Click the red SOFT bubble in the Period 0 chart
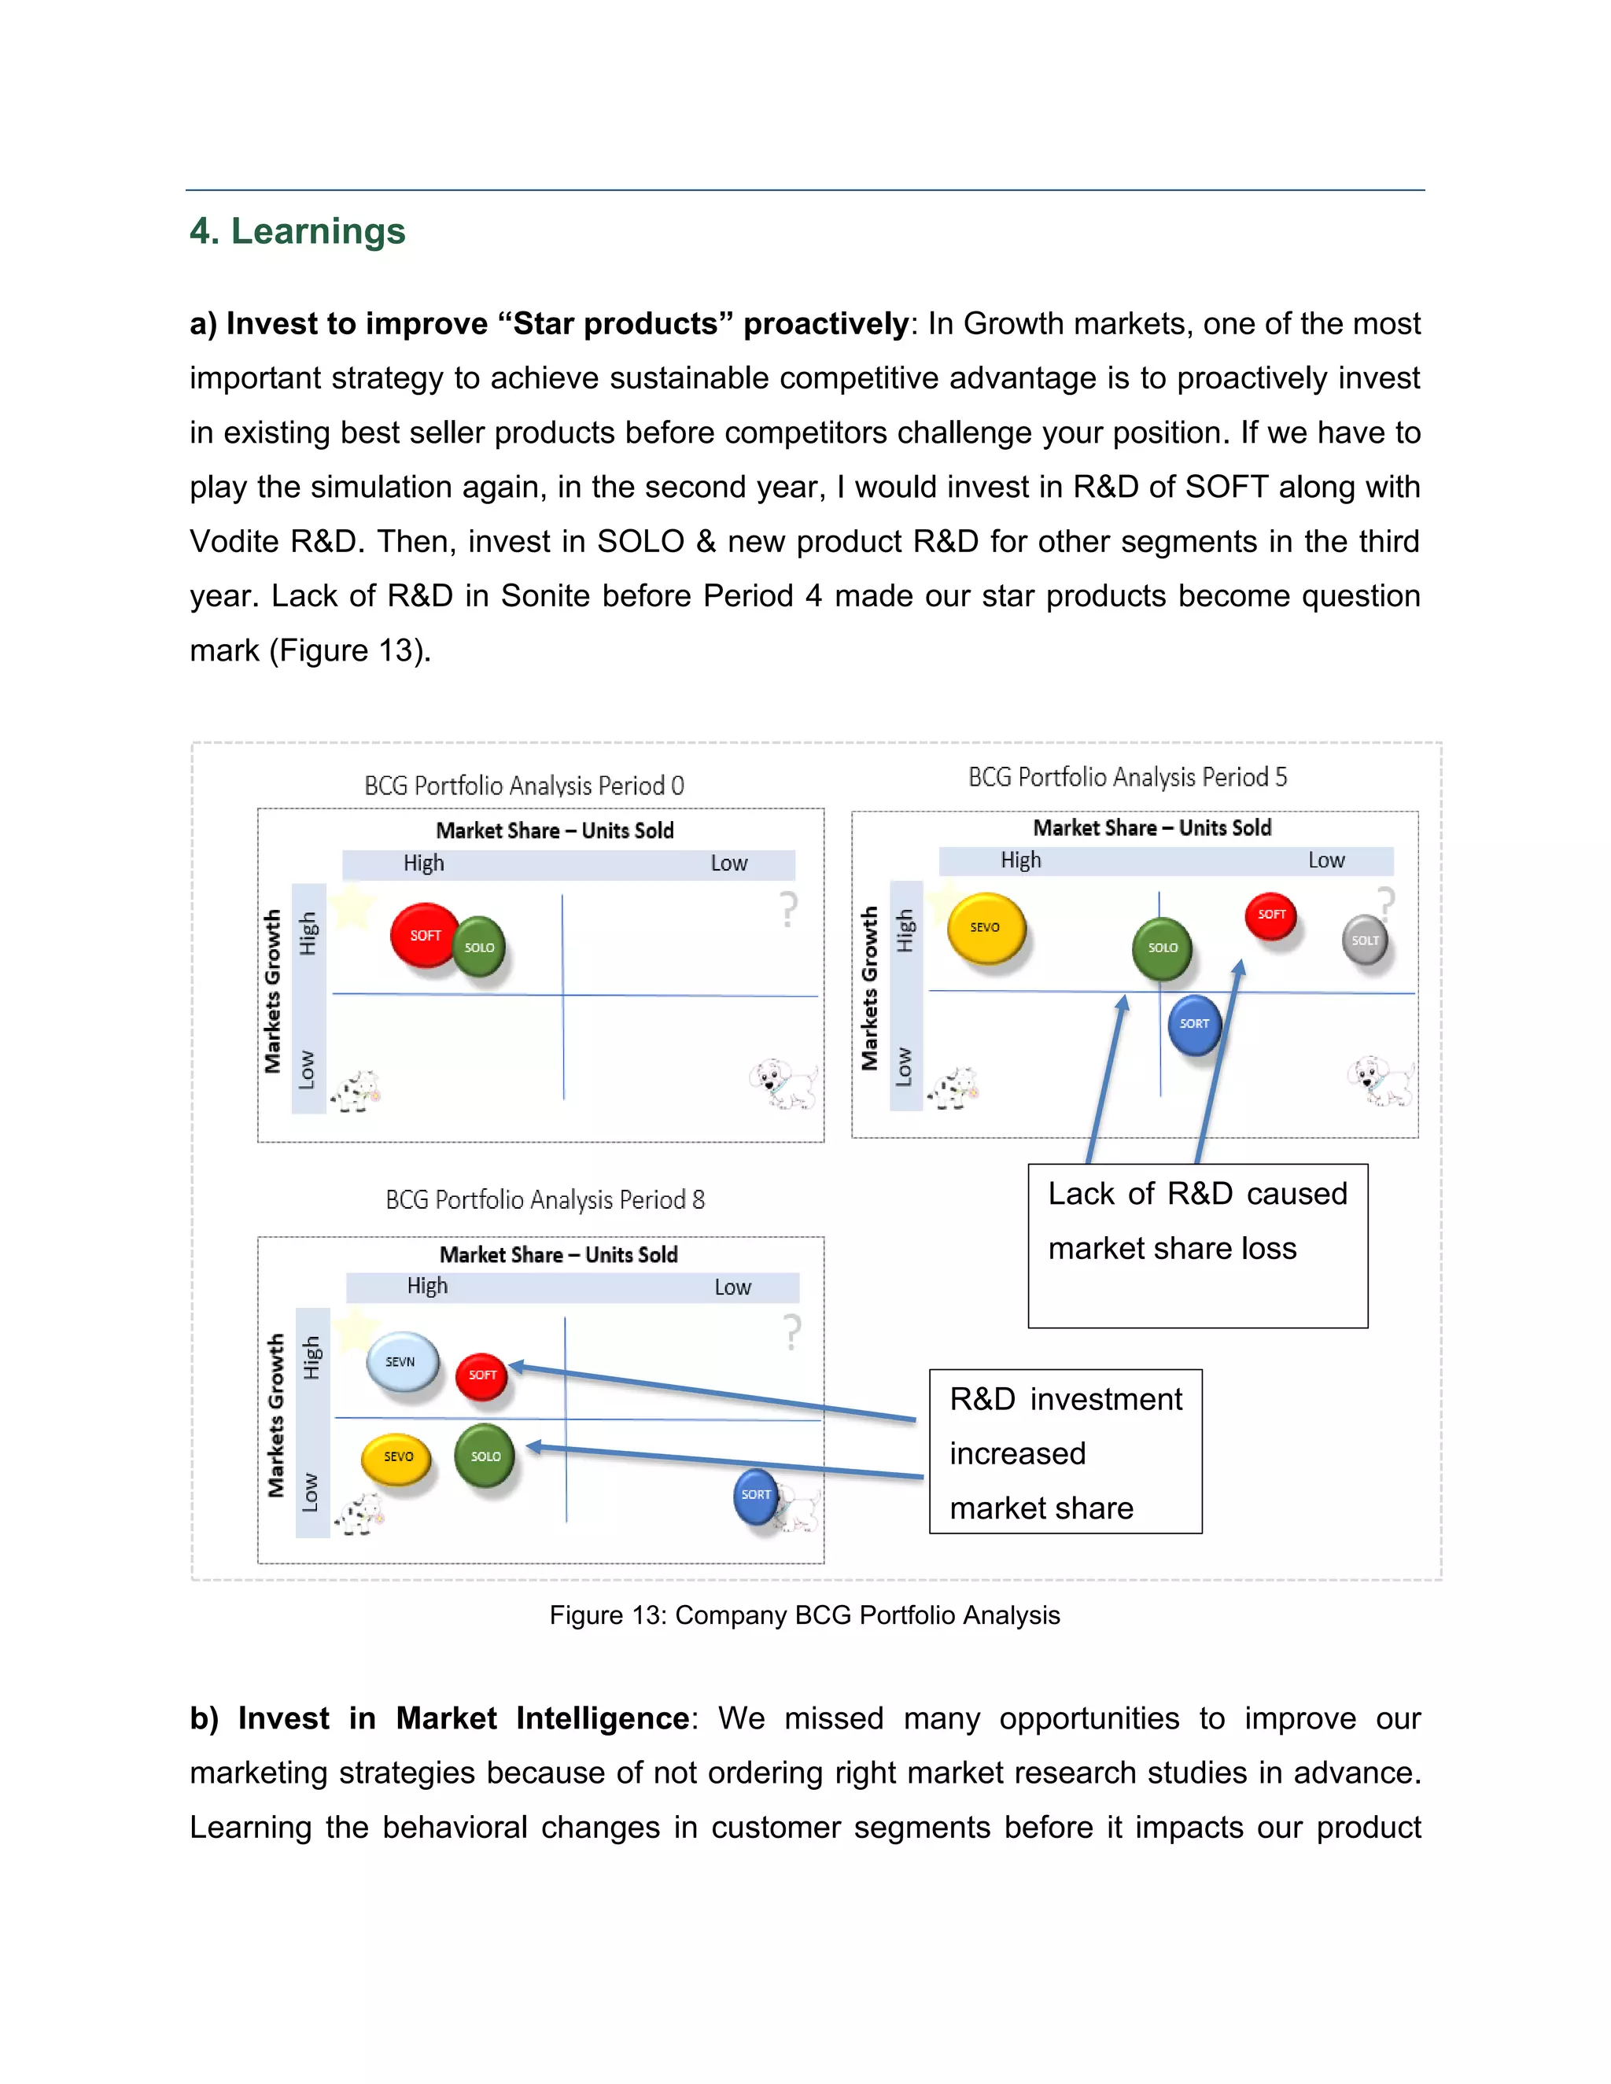click(x=425, y=935)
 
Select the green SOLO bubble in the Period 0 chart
click(x=479, y=947)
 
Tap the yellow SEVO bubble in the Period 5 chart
click(x=986, y=927)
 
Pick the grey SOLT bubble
click(x=1365, y=940)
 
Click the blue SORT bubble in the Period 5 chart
click(x=1194, y=1024)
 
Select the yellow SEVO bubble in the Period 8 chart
click(x=397, y=1457)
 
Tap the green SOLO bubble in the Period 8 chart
click(x=485, y=1456)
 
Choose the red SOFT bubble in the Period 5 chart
click(x=1271, y=914)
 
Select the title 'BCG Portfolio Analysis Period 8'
click(x=545, y=1199)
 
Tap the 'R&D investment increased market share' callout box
click(x=1065, y=1452)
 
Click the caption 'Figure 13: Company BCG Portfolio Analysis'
click(x=805, y=1615)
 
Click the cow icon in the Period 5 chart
click(x=953, y=1088)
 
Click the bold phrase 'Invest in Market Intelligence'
click(x=463, y=1718)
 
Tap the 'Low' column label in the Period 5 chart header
click(x=1325, y=860)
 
